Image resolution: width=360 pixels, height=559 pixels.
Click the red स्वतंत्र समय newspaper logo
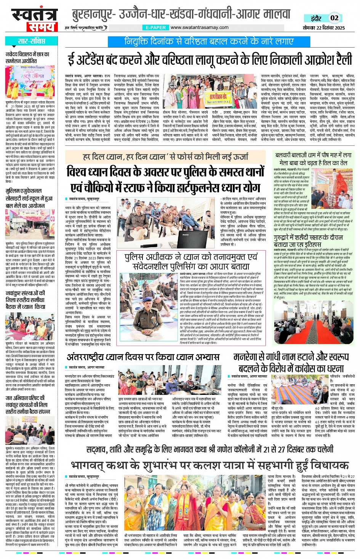[x=34, y=19]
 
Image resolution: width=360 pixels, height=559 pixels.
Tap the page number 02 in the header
[x=334, y=18]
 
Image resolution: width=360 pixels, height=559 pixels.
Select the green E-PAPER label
[x=155, y=27]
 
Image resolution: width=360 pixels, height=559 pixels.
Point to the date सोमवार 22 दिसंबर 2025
[x=324, y=28]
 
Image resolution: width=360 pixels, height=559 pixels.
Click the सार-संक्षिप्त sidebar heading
[x=32, y=41]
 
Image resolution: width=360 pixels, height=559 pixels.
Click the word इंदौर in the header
[x=316, y=18]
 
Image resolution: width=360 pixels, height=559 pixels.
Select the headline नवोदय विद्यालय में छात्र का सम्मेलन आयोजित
[x=27, y=57]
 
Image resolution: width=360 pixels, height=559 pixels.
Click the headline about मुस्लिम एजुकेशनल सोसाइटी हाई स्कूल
[x=29, y=198]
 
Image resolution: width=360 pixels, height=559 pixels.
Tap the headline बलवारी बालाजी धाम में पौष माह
[x=313, y=159]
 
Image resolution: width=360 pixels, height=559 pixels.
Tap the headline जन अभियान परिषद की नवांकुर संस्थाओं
[x=27, y=404]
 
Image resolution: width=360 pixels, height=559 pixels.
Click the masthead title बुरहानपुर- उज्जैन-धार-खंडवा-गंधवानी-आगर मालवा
[x=181, y=14]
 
